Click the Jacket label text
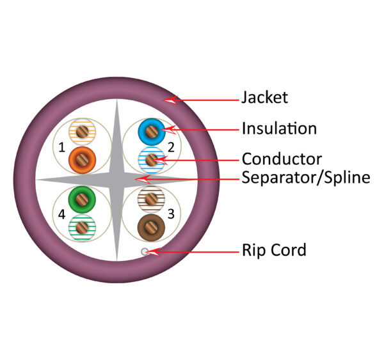coord(264,98)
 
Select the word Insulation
coord(278,129)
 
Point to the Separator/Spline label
coord(305,177)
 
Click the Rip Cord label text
coord(273,250)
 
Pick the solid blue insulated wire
coord(151,132)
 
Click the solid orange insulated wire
coord(81,158)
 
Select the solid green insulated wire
coord(81,201)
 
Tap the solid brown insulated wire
coord(151,226)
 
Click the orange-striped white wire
coord(81,132)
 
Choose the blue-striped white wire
coord(151,158)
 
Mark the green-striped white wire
coord(81,227)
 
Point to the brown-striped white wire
coord(151,200)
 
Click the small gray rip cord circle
coord(145,251)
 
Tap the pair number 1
coord(61,148)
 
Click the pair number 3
coord(171,214)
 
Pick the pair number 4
coord(61,214)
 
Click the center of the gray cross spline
coord(116,180)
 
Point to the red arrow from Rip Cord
coord(192,251)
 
